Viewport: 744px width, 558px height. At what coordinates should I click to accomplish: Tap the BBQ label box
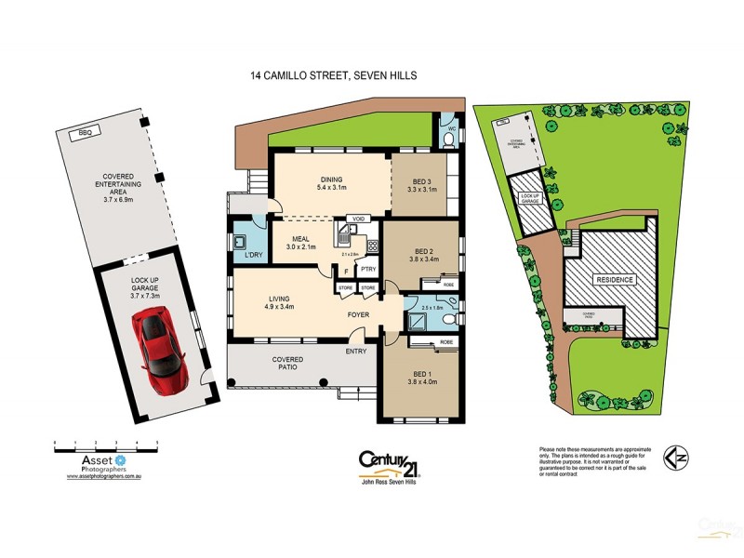(89, 133)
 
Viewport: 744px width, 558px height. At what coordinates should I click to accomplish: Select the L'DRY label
(251, 255)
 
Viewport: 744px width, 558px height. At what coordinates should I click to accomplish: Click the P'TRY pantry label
(366, 270)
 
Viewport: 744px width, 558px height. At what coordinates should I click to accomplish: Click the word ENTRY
(356, 352)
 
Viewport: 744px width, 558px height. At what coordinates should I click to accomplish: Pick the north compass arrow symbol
(676, 458)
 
